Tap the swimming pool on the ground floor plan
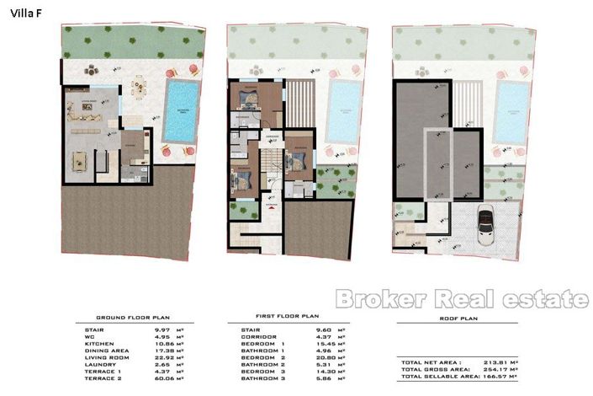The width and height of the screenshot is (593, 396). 181,110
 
